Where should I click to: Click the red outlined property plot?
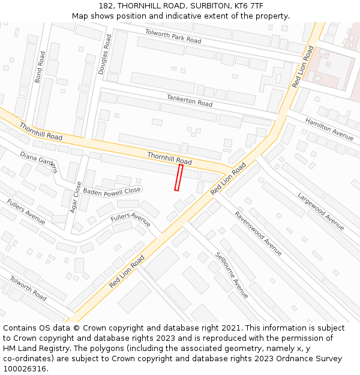(x=178, y=178)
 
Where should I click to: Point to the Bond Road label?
(x=40, y=67)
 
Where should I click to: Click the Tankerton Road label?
(x=190, y=100)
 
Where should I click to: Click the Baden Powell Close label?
(x=112, y=191)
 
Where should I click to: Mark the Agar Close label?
(x=75, y=198)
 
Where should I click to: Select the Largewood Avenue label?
(x=321, y=211)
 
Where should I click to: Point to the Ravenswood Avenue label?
(x=258, y=233)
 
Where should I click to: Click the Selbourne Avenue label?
(x=232, y=275)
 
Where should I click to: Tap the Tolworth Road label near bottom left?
(x=28, y=289)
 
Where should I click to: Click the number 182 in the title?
(x=106, y=6)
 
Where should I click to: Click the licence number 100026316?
(x=26, y=368)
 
